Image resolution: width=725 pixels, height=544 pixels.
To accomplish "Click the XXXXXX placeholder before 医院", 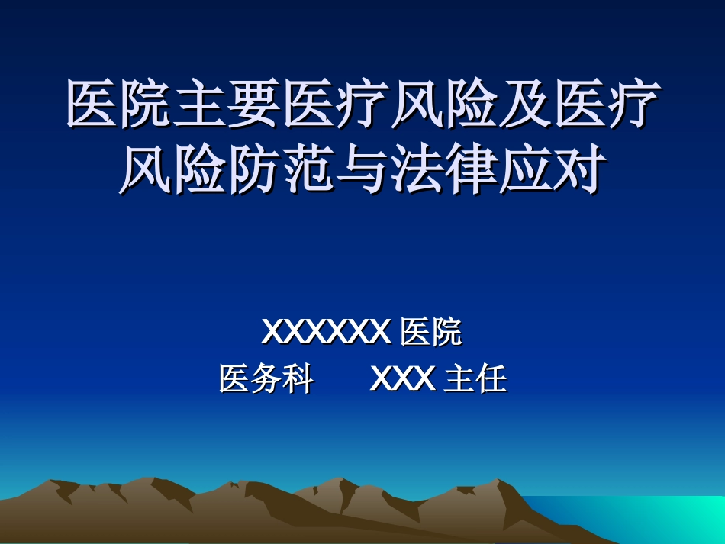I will click(x=326, y=333).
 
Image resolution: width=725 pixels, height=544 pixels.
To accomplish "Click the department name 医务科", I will click(x=266, y=378).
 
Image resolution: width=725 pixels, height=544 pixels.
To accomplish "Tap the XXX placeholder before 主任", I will click(x=403, y=378).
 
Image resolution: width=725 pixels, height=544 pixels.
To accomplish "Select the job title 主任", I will click(x=475, y=378).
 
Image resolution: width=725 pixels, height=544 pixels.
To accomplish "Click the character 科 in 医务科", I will click(x=298, y=378).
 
